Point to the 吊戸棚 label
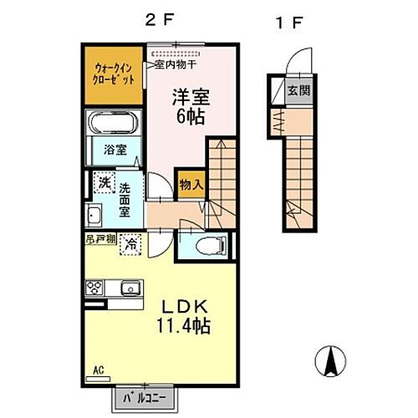coord(99,239)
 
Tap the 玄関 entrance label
coord(297,90)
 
